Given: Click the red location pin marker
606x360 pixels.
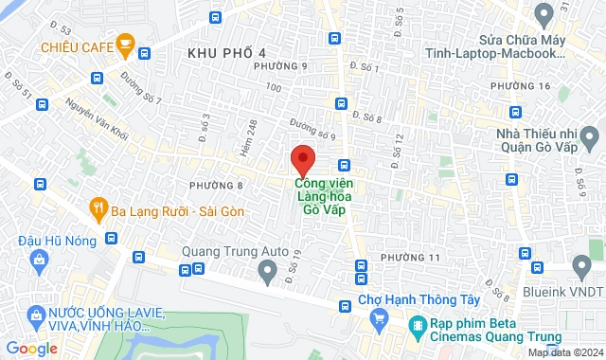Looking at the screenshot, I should (x=302, y=158).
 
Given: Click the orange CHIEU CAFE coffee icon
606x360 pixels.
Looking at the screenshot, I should (x=124, y=44).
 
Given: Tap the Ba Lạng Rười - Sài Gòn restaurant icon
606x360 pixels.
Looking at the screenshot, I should (x=98, y=207).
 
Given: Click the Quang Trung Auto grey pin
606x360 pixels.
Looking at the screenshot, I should (x=268, y=274).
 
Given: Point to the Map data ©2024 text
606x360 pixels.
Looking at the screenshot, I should (x=563, y=352).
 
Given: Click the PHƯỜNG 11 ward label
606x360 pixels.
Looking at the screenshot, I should (x=410, y=258).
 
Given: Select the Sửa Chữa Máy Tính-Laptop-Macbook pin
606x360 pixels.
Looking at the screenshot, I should (x=544, y=14).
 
